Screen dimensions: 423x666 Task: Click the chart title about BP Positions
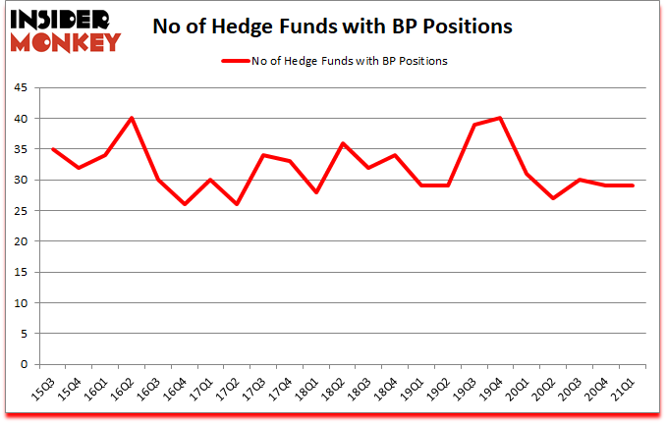332,26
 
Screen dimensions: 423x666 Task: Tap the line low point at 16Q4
185,204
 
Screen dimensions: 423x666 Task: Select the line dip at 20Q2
554,198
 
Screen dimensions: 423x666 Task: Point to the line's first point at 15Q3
53,149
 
